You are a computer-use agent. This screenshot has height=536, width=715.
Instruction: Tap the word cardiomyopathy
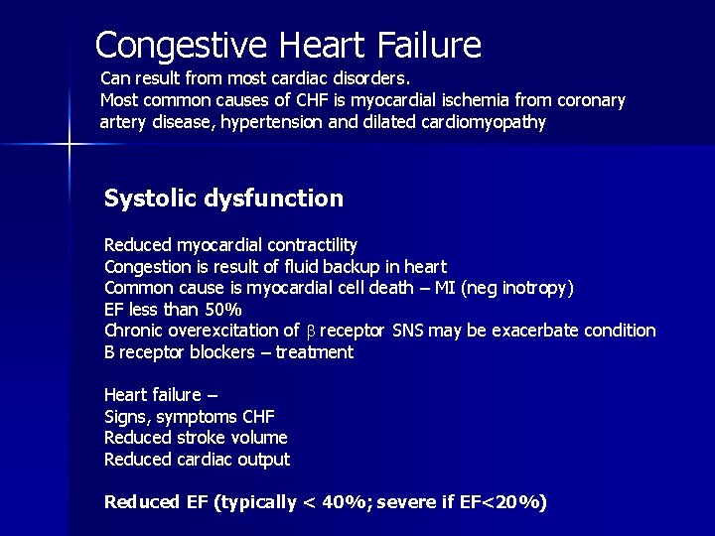490,123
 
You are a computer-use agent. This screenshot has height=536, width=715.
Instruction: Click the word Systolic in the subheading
145,199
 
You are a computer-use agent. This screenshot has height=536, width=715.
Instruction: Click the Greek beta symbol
311,332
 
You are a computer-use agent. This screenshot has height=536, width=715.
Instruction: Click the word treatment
315,352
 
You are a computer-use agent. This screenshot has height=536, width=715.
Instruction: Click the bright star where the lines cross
70,146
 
